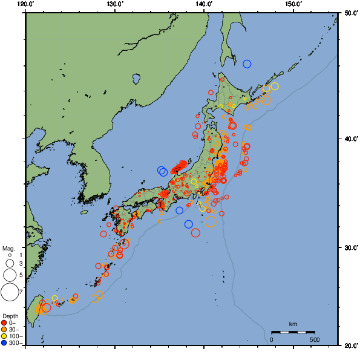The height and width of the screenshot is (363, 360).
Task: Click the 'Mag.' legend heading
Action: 8,248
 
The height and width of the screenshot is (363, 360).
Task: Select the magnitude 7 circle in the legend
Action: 9,292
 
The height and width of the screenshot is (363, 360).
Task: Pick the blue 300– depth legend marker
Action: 5,343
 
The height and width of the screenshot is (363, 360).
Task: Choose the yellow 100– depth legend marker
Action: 5,336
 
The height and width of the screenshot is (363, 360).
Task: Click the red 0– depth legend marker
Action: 5,322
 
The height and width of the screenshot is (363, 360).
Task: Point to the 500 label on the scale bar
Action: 315,339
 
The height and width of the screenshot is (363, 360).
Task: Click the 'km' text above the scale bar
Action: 293,324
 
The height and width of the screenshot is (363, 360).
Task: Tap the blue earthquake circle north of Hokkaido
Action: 247,64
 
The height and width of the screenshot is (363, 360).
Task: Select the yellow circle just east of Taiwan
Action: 55,298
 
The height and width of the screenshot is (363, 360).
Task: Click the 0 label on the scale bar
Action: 271,339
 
